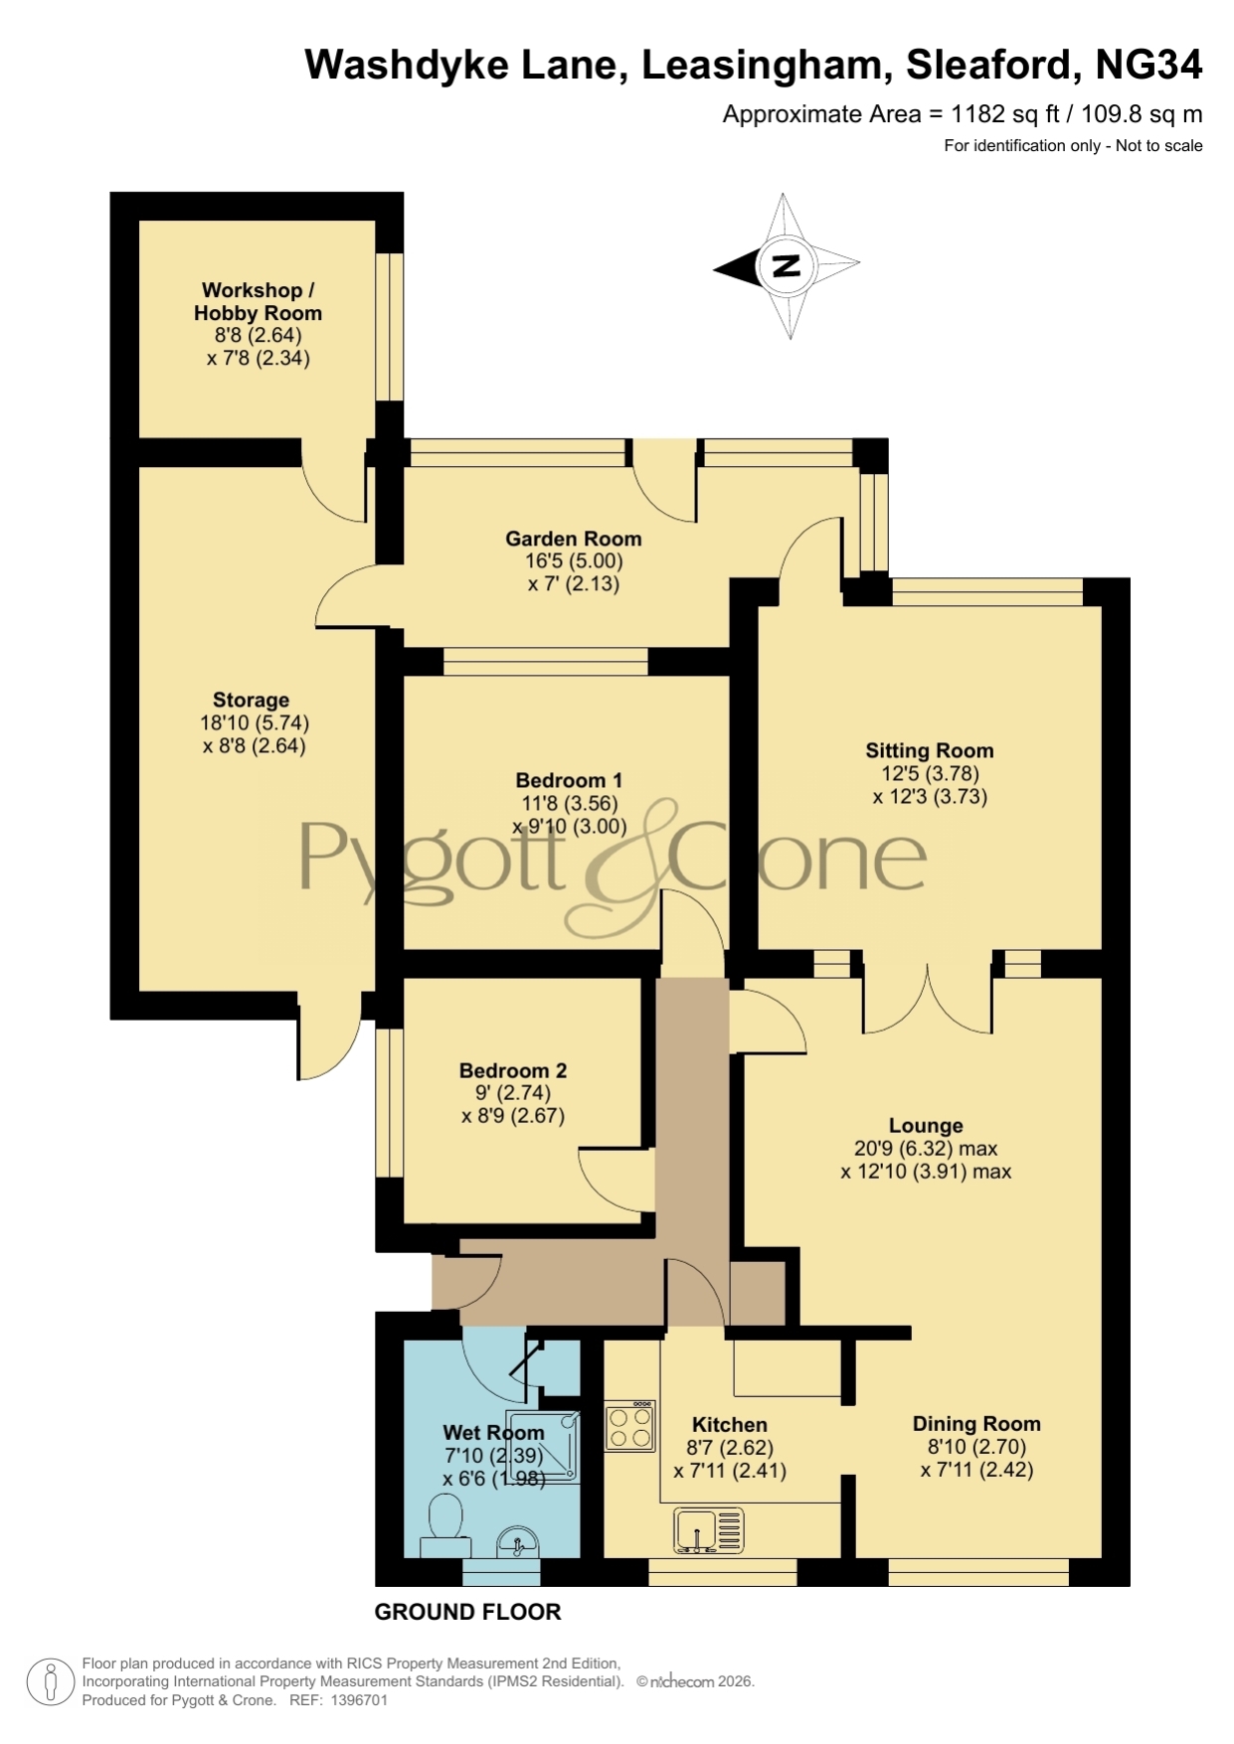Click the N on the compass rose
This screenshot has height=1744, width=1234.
click(x=786, y=265)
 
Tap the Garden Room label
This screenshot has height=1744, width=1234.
click(x=574, y=539)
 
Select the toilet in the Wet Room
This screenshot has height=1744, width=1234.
click(x=444, y=1527)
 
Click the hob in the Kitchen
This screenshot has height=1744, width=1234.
click(x=630, y=1426)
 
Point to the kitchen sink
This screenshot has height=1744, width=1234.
click(x=709, y=1530)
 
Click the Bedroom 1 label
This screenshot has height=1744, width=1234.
click(x=569, y=780)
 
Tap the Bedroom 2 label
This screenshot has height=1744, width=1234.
click(x=513, y=1070)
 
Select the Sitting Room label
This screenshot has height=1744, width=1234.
click(x=930, y=750)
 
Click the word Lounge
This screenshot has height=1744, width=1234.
click(x=926, y=1126)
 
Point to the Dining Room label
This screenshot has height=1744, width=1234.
click(x=976, y=1424)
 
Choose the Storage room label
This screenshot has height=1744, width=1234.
click(x=251, y=700)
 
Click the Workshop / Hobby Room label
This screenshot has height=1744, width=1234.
click(x=259, y=301)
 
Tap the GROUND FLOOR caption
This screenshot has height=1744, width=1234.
click(x=467, y=1612)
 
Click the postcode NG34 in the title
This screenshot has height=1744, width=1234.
click(x=1148, y=65)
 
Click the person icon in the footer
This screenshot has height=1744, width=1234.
click(x=50, y=1682)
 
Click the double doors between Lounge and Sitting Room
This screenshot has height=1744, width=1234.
click(x=928, y=999)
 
